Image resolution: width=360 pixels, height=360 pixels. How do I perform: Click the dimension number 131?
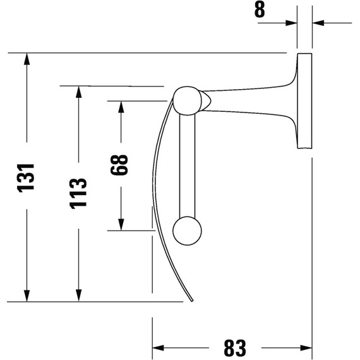click(26, 178)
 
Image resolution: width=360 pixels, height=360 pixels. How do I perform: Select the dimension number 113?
click(78, 193)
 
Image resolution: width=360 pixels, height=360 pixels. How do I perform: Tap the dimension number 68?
click(119, 165)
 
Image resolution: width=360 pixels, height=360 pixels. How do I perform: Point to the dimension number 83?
click(235, 347)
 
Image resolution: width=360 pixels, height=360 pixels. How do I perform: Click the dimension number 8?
click(260, 9)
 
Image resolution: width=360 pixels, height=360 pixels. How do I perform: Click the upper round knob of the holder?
click(187, 100)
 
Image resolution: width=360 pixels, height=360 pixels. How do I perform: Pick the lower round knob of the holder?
click(187, 231)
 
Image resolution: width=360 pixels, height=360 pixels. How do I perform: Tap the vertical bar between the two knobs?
click(187, 165)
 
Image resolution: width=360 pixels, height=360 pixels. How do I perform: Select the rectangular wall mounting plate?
click(304, 101)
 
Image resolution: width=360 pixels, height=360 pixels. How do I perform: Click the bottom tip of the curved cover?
click(193, 301)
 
